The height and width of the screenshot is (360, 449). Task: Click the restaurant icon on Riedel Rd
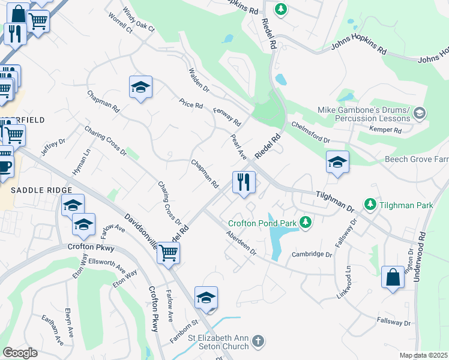tap(244, 181)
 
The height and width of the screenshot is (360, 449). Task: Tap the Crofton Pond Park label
tap(262, 223)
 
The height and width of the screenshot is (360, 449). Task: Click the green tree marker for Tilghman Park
tap(370, 205)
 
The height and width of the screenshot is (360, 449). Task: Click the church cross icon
tap(258, 341)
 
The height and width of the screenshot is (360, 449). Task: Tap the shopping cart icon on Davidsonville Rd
tap(168, 253)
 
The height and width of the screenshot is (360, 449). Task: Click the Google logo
tap(20, 353)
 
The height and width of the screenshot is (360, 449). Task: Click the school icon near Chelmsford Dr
tap(337, 161)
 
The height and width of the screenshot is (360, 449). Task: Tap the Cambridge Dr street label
tap(312, 254)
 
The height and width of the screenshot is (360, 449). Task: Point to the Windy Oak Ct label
tap(138, 20)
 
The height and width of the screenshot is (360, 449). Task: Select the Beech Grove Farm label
tap(417, 160)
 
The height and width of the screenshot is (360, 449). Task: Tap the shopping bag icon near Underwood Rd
tap(393, 277)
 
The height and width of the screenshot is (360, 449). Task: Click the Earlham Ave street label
tap(52, 329)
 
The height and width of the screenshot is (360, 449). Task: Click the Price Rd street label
tap(191, 104)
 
